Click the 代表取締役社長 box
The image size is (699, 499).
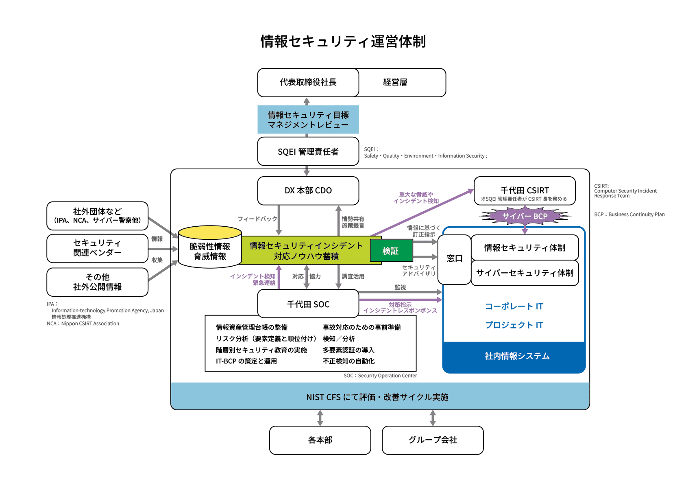[x=308, y=82]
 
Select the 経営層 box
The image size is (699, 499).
[x=403, y=82]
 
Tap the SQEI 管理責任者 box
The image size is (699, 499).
[x=308, y=151]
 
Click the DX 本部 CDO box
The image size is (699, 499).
[x=308, y=190]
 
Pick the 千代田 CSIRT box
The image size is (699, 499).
[x=525, y=190]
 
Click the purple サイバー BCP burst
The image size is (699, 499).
[x=525, y=216]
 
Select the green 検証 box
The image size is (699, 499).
[x=391, y=251]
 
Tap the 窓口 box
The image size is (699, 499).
[x=454, y=259]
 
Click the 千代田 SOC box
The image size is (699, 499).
[x=308, y=304]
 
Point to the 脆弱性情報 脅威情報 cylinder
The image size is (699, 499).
[x=210, y=248]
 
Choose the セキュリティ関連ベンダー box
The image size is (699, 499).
[x=97, y=248]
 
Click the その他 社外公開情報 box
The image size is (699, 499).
[x=97, y=282]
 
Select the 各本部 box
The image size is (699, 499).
[x=320, y=440]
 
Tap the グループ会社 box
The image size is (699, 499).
[x=433, y=440]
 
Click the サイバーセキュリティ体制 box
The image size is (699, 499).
[x=525, y=273]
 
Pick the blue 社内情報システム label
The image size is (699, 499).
[x=517, y=356]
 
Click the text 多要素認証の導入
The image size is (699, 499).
[x=348, y=350]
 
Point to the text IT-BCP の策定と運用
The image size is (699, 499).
[x=246, y=361]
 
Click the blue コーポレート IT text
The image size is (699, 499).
[x=514, y=306]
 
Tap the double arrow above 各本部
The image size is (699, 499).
[x=320, y=418]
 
